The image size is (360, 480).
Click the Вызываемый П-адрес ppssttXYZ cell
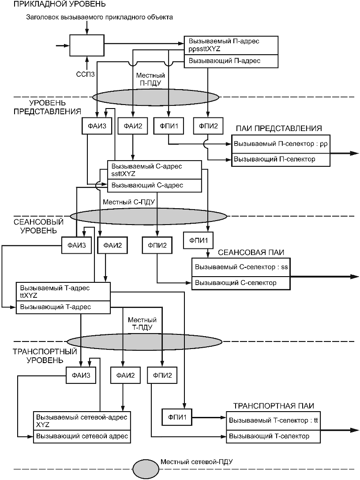pyautogui.click(x=230, y=45)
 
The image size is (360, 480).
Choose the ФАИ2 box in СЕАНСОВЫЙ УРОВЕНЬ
pyautogui.click(x=112, y=244)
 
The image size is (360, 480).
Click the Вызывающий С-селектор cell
pyautogui.click(x=240, y=283)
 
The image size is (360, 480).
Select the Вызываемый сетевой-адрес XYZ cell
pyautogui.click(x=82, y=421)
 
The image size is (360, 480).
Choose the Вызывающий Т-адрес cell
pyautogui.click(x=63, y=307)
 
